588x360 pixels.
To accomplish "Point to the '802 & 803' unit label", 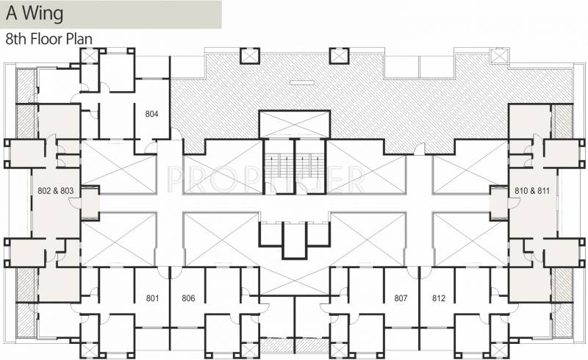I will pos(56,190).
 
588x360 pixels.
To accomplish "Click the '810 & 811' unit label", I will pos(534,190).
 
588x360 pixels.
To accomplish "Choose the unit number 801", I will pos(153,298).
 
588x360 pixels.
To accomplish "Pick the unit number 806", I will pos(188,298).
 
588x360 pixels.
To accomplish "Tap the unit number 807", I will pos(401,298).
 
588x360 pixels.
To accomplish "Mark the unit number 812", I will pos(439,298).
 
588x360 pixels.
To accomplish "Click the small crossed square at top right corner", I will pos(500,55).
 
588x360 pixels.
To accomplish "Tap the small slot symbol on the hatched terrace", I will pos(298,82).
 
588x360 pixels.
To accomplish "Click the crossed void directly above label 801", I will pos(118,239).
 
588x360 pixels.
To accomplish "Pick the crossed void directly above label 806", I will pos(220,239).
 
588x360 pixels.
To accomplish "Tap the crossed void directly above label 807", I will pos(367,239).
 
